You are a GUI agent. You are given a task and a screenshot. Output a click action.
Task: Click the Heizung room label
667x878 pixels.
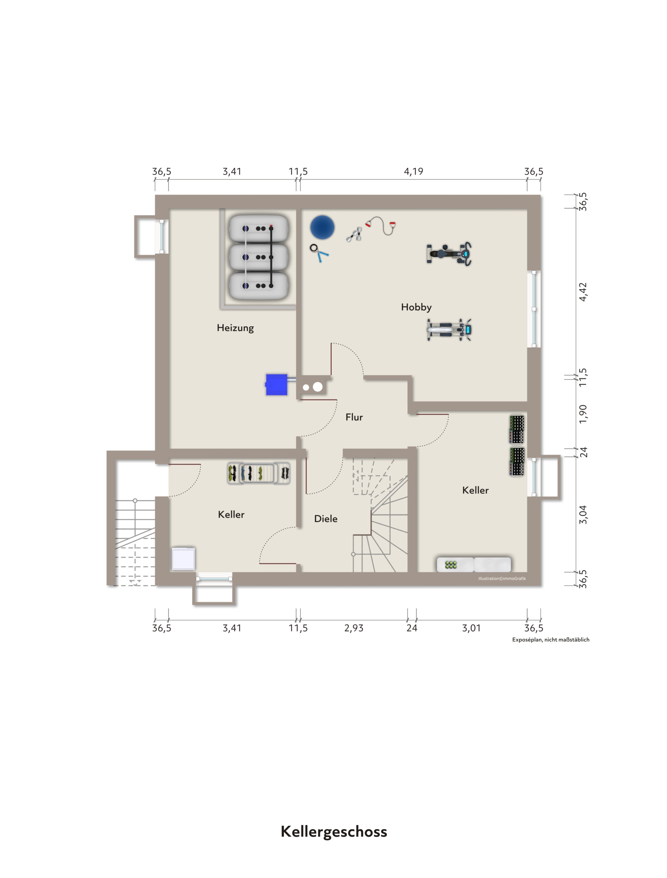click(235, 328)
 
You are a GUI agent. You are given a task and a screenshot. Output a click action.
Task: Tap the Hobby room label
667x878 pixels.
click(416, 307)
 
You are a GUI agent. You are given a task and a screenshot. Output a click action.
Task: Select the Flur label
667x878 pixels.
click(354, 417)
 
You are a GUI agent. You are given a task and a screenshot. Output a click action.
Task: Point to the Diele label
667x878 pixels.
click(326, 519)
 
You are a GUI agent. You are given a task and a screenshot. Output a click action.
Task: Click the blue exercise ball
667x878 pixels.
click(322, 228)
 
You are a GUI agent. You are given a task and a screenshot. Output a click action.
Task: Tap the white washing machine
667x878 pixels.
click(183, 559)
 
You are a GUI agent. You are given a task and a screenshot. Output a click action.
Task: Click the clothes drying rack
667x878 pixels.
click(259, 473)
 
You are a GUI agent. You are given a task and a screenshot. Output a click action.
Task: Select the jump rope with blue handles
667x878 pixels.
click(319, 253)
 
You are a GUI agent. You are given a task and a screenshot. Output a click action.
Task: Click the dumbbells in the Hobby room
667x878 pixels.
click(354, 234)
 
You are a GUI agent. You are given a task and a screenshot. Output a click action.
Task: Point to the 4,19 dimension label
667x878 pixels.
click(414, 171)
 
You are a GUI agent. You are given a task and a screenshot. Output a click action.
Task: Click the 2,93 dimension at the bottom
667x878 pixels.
click(354, 628)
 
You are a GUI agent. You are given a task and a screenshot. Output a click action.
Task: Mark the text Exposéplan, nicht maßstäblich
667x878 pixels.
click(551, 640)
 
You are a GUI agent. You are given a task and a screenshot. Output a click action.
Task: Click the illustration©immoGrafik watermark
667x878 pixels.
click(502, 579)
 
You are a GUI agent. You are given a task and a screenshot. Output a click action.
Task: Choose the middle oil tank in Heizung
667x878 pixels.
click(259, 257)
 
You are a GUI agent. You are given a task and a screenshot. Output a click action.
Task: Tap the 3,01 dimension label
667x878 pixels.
click(471, 628)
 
